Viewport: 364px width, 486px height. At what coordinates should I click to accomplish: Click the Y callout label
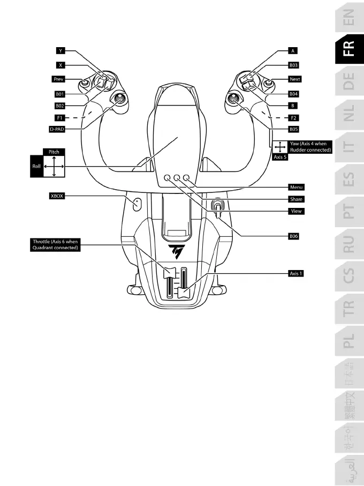[60, 51]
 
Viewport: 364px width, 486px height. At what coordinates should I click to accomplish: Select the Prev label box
[59, 79]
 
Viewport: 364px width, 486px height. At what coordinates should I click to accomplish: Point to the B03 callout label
[293, 65]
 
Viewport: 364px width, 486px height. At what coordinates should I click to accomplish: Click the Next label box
[294, 79]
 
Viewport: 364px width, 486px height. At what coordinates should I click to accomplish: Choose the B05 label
[293, 129]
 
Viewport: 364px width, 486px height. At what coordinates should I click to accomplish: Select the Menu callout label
[296, 187]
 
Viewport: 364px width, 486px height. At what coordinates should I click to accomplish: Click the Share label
[296, 199]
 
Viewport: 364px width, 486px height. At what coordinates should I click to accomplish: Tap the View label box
[295, 211]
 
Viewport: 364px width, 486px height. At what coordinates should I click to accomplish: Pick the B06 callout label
[293, 236]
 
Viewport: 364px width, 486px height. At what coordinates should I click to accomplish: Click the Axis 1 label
[296, 274]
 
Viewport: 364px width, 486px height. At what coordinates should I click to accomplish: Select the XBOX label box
[57, 196]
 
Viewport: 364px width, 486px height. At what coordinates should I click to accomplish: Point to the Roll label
[36, 167]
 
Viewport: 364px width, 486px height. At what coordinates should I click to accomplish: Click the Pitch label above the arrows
[54, 152]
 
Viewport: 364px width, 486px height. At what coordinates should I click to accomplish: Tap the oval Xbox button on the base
[136, 204]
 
